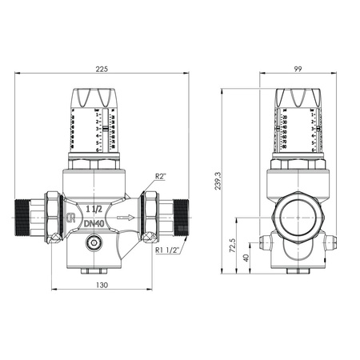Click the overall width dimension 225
coord(102,68)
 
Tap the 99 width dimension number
coord(298,68)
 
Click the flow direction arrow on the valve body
coord(124,216)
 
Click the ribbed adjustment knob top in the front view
coord(101,98)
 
